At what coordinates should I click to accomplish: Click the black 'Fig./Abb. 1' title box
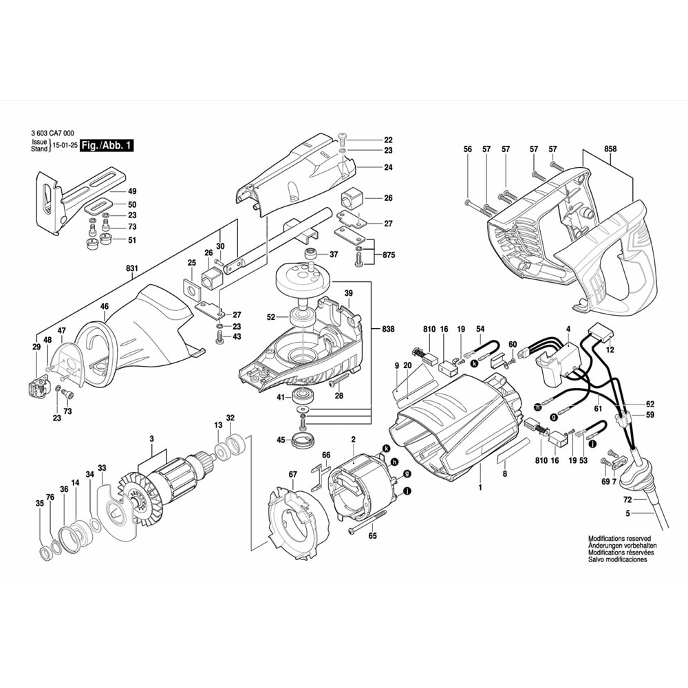point(107,146)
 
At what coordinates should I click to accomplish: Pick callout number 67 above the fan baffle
point(292,475)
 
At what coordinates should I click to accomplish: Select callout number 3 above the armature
point(151,439)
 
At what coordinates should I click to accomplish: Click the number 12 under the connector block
point(610,350)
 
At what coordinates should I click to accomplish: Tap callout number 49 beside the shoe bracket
point(132,191)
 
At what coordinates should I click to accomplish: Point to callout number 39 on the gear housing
point(348,292)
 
